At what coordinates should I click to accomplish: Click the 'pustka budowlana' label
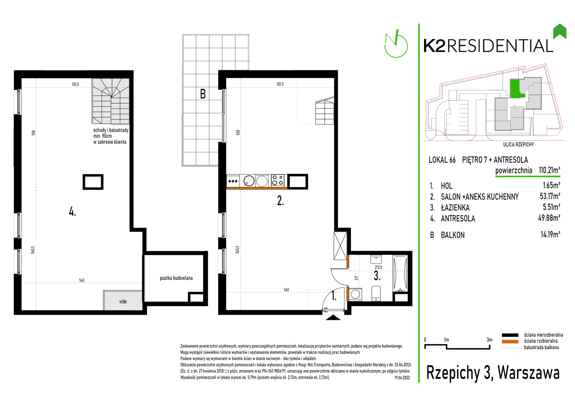176,278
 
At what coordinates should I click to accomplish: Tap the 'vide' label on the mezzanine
123,301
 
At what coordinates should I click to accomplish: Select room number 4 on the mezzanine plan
72,212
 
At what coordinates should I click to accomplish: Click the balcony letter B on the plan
203,94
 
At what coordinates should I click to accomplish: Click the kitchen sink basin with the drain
249,180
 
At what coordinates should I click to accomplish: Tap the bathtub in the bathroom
400,273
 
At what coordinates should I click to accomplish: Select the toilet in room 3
376,293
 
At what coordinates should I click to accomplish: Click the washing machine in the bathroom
355,294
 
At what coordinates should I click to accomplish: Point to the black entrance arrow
333,318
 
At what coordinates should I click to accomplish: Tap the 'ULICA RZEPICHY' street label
518,145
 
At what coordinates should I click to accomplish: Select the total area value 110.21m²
549,170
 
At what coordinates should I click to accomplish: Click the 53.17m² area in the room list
550,196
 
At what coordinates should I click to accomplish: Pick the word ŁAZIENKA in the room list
455,207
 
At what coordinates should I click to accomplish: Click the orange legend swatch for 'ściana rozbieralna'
510,342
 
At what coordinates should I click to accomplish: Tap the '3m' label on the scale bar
490,340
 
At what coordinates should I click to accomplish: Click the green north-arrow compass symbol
396,44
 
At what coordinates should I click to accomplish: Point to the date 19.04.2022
402,378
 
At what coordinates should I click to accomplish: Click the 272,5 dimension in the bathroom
378,267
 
